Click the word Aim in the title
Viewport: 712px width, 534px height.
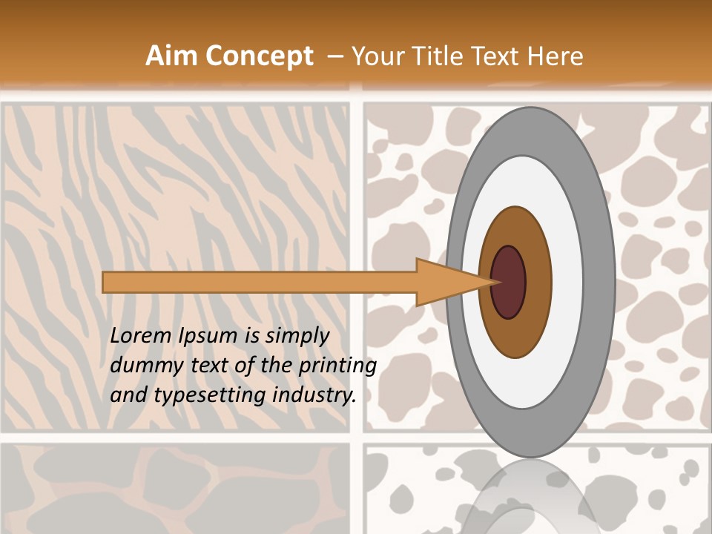click(x=171, y=56)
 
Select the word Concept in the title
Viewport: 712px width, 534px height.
click(x=259, y=57)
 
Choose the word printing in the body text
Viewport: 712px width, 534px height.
click(x=337, y=366)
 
